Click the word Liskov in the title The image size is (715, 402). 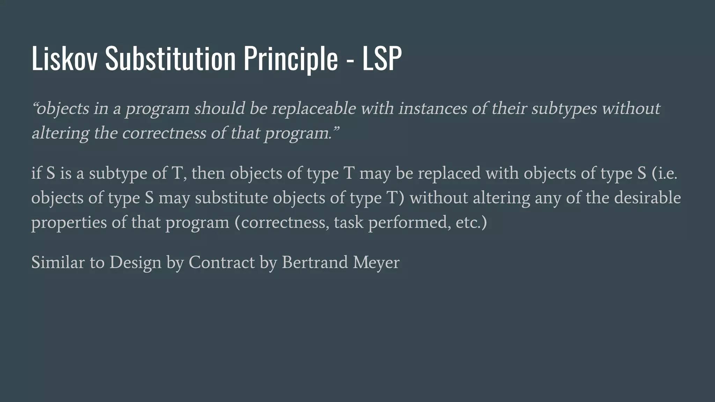pyautogui.click(x=64, y=59)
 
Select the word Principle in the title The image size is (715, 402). pyautogui.click(x=290, y=59)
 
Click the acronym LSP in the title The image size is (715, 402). pyautogui.click(x=382, y=59)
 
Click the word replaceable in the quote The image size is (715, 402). pyautogui.click(x=314, y=109)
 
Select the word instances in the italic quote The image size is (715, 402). pyautogui.click(x=433, y=109)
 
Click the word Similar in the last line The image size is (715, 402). pyautogui.click(x=58, y=262)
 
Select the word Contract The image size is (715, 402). pyautogui.click(x=222, y=262)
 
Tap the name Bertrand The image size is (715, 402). pyautogui.click(x=315, y=262)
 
